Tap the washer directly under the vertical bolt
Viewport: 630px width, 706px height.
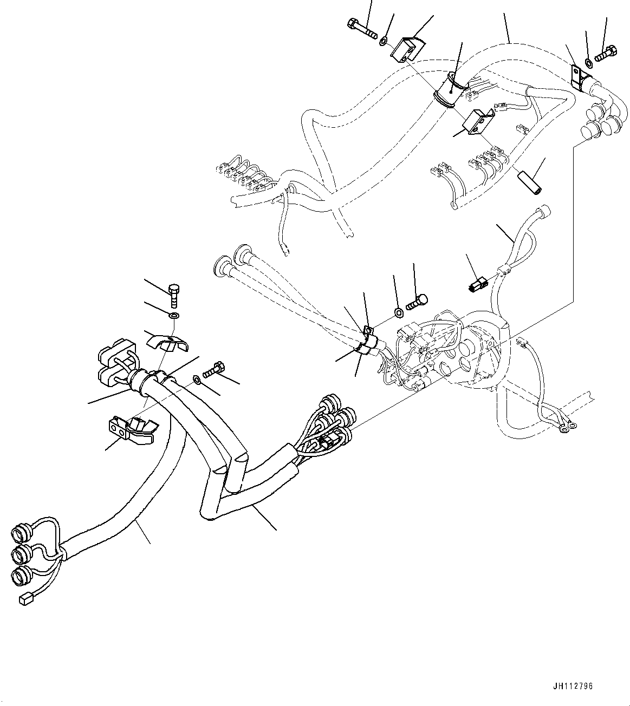click(x=173, y=315)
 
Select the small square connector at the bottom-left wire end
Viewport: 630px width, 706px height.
click(x=25, y=598)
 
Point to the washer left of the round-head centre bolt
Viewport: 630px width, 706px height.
click(x=397, y=311)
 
